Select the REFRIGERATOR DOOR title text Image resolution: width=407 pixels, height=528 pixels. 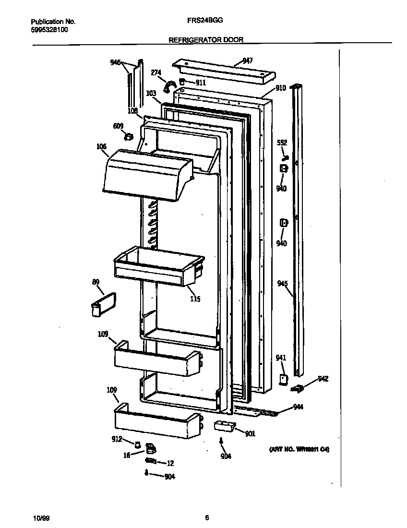tap(206, 40)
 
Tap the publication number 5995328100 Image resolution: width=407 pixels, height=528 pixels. tap(49, 29)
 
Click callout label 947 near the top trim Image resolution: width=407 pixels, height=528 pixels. tap(248, 60)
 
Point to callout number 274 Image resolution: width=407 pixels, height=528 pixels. tap(156, 72)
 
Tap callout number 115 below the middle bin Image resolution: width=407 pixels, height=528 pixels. tap(195, 299)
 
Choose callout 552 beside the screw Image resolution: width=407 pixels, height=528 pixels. tap(282, 143)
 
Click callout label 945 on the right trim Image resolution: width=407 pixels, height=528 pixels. tap(282, 283)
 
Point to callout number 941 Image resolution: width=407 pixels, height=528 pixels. tap(281, 357)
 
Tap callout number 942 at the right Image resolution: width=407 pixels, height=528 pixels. tap(323, 379)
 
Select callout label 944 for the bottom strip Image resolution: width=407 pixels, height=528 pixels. tap(299, 407)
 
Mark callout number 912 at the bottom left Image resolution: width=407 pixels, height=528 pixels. tap(117, 439)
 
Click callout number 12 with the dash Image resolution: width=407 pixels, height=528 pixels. tap(170, 463)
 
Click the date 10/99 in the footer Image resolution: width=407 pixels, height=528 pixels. tap(41, 517)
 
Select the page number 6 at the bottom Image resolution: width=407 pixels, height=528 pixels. tap(207, 517)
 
